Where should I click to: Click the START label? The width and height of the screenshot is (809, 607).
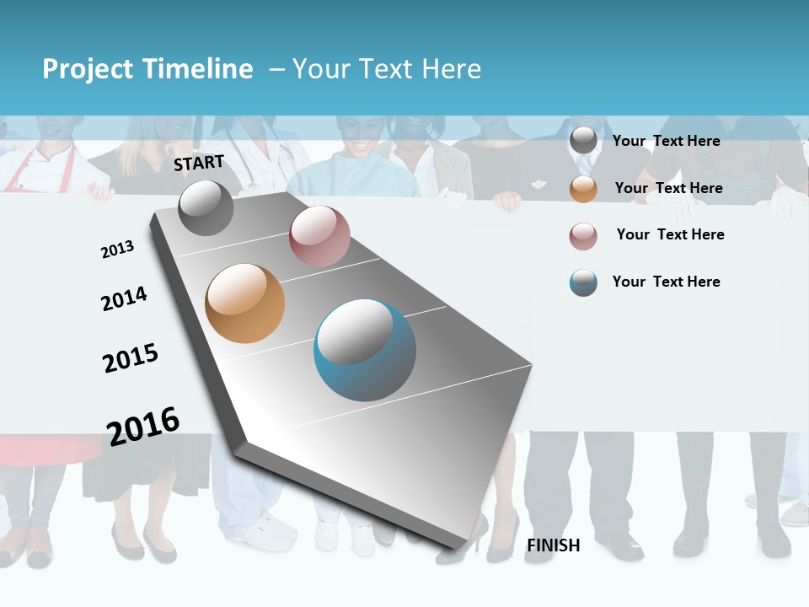[x=199, y=163]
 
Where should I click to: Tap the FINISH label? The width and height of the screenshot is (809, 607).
[x=554, y=545]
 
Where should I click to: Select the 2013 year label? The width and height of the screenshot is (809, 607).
[x=118, y=250]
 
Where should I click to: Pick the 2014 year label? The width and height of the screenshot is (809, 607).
[x=124, y=298]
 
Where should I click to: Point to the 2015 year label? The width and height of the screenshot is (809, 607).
[x=131, y=358]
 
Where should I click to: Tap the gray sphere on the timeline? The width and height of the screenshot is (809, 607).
[x=206, y=207]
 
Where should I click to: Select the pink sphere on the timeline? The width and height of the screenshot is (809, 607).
[x=319, y=236]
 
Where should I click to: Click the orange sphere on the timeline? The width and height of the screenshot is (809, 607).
[x=245, y=303]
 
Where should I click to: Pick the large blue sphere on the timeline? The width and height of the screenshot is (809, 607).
[x=365, y=350]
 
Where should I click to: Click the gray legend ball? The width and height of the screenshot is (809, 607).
[x=583, y=141]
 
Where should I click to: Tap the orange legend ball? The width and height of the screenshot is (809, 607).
[x=583, y=189]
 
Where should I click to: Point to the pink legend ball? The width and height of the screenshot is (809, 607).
[x=583, y=236]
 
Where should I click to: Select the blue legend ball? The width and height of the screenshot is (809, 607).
[x=583, y=282]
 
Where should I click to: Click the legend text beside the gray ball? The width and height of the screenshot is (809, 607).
[x=667, y=141]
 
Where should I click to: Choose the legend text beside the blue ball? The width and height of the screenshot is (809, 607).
[x=667, y=282]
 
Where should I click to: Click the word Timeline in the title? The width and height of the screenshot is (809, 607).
[x=198, y=69]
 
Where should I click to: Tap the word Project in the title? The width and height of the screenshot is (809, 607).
[x=88, y=69]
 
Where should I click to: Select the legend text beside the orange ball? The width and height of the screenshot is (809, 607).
[x=669, y=188]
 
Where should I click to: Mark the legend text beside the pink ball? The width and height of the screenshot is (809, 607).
[x=671, y=234]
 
